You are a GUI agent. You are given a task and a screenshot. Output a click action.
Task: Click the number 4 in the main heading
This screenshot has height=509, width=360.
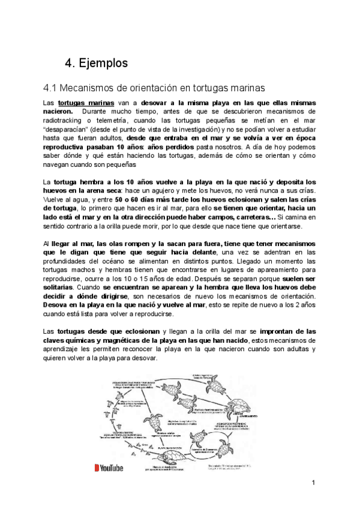point(68,63)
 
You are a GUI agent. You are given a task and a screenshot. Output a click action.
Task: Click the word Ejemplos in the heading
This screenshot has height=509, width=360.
point(103,63)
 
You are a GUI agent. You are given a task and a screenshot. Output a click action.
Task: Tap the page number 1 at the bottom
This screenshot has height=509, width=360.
point(313,484)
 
